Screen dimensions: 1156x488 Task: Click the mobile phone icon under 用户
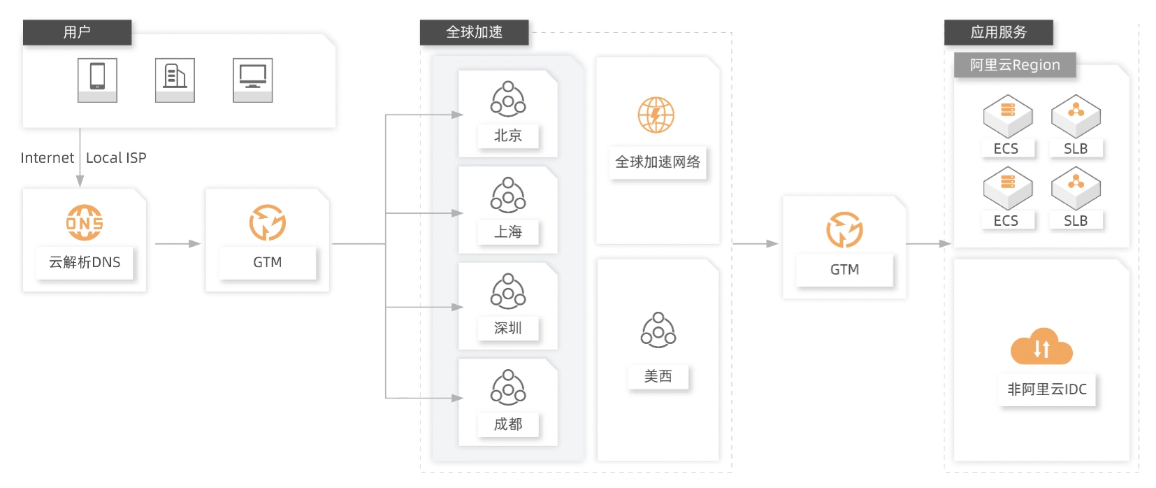tap(98, 80)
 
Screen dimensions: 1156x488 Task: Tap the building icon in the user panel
tap(175, 80)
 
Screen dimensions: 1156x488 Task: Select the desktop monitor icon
tap(253, 80)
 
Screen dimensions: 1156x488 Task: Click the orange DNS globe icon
tap(85, 222)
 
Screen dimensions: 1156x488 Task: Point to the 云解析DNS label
tap(85, 262)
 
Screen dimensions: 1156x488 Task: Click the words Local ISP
tap(116, 157)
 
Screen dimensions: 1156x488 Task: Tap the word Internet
tap(47, 157)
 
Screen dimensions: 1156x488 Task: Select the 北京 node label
tap(508, 136)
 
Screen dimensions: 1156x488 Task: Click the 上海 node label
tap(508, 232)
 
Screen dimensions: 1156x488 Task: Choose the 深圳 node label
tap(508, 328)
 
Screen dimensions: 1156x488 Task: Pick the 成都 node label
tap(508, 424)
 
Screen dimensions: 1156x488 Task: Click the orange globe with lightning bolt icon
tap(656, 115)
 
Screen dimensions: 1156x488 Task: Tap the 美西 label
tap(658, 376)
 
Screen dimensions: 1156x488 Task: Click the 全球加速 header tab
tap(475, 32)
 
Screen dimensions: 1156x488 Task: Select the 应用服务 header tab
tap(999, 32)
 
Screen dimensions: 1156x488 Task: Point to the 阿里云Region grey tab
tap(1015, 65)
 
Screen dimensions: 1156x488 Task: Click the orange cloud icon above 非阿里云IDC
tap(1041, 346)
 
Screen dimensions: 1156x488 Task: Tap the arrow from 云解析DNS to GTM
tap(178, 243)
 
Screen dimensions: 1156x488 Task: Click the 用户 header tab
tap(77, 32)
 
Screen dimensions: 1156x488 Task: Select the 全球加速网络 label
tap(658, 162)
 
